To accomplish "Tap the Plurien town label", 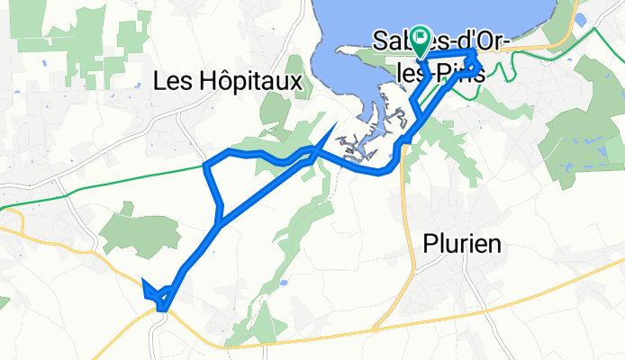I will tap(462, 244).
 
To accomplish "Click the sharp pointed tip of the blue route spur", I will tap(336, 124).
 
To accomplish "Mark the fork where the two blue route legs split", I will tap(219, 219).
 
